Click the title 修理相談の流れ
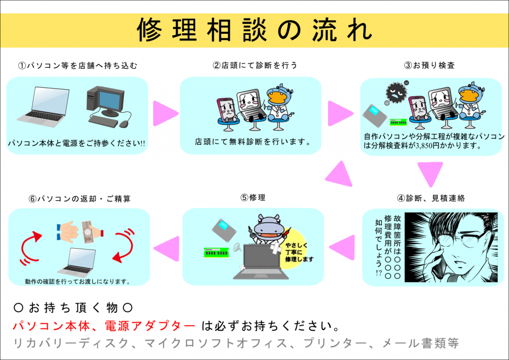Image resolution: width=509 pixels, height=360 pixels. pyautogui.click(x=254, y=30)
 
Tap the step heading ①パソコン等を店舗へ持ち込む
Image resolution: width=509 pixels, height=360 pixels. pyautogui.click(x=78, y=66)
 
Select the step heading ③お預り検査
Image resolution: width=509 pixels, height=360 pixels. pyautogui.click(x=429, y=65)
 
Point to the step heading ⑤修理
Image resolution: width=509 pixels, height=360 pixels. pyautogui.click(x=253, y=197)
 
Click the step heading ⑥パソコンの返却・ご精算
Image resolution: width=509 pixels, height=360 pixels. pyautogui.click(x=80, y=199)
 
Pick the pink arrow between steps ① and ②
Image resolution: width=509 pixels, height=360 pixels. pyautogui.click(x=166, y=113)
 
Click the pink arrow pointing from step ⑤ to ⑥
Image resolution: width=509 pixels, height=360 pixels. pyautogui.click(x=167, y=249)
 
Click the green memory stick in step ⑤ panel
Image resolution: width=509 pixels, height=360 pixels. pyautogui.click(x=217, y=253)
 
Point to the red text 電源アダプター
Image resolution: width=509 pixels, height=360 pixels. pyautogui.click(x=150, y=326)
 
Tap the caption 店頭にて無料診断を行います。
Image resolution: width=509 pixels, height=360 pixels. pyautogui.click(x=253, y=142)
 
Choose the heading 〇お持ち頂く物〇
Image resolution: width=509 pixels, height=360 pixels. pyautogui.click(x=74, y=307)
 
